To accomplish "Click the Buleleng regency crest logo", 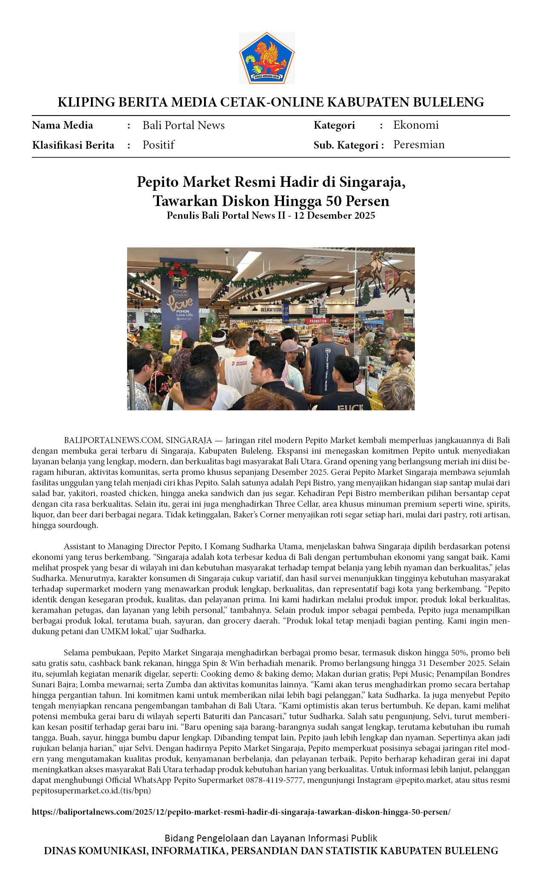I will pyautogui.click(x=267, y=58).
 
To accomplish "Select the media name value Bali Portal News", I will pyautogui.click(x=183, y=125).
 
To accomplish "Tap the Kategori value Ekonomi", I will pyautogui.click(x=415, y=125).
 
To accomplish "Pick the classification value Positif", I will pyautogui.click(x=158, y=145).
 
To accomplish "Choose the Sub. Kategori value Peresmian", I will pyautogui.click(x=419, y=144).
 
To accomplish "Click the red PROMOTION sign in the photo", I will pyautogui.click(x=318, y=321).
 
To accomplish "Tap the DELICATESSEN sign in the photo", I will pyautogui.click(x=271, y=310).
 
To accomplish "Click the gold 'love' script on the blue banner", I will pyautogui.click(x=180, y=303).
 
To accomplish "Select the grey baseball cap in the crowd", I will pyautogui.click(x=290, y=345).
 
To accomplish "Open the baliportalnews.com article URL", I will pyautogui.click(x=241, y=812).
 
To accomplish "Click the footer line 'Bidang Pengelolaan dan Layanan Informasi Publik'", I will pyautogui.click(x=271, y=838).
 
